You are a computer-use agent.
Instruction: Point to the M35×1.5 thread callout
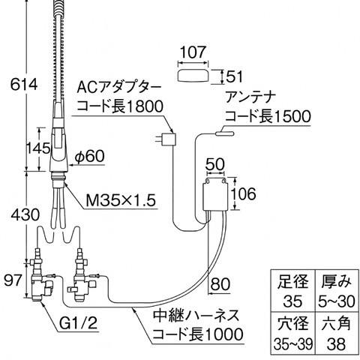click(x=120, y=200)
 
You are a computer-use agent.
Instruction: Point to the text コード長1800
click(x=120, y=106)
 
